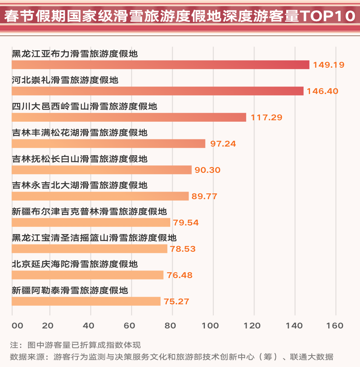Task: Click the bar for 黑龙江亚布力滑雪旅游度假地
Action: (160, 65)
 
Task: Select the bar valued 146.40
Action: (157, 91)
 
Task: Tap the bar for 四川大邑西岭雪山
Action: (129, 117)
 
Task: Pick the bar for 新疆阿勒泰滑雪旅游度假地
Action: (86, 301)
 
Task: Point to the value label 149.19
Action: (329, 65)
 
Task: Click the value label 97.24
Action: (223, 144)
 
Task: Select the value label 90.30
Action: (207, 170)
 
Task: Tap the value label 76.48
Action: (180, 275)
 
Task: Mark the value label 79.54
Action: (186, 223)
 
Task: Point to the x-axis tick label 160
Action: (336, 326)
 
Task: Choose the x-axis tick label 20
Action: (48, 326)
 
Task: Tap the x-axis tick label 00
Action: (17, 326)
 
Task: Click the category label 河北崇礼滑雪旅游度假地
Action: (65, 80)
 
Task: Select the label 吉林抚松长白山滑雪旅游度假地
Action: (80, 159)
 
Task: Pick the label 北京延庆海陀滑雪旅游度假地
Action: (75, 264)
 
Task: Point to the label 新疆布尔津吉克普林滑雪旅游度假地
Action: (89, 211)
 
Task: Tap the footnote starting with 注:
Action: (75, 345)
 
